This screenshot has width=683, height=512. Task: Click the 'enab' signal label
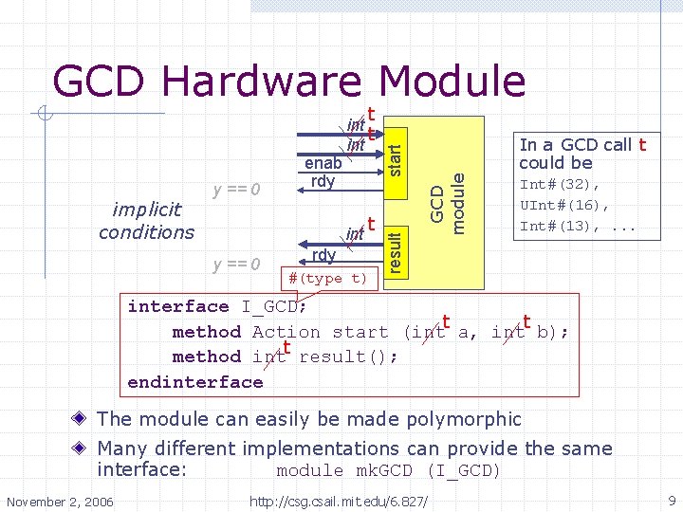tap(323, 163)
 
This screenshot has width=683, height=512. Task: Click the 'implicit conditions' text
tap(146, 222)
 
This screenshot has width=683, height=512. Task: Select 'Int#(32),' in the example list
tap(559, 185)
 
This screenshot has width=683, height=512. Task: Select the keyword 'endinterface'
tap(194, 382)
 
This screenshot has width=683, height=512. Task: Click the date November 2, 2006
tap(59, 500)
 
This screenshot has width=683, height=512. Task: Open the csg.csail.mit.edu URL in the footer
tap(338, 500)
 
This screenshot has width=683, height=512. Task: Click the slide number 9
tap(671, 500)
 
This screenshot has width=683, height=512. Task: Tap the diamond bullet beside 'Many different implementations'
tap(83, 448)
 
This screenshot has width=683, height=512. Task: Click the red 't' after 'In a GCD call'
tap(642, 145)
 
